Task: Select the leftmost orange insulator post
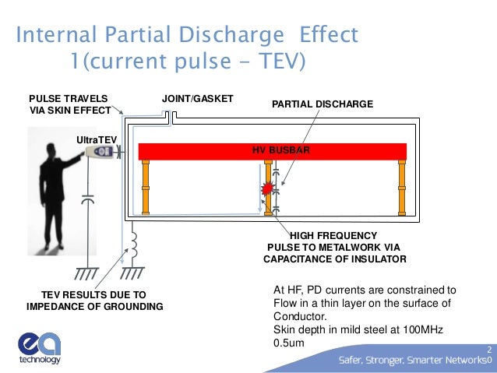[145, 186]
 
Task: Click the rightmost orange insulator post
[402, 186]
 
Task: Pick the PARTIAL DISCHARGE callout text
[322, 104]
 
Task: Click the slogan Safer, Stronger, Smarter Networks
[411, 360]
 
